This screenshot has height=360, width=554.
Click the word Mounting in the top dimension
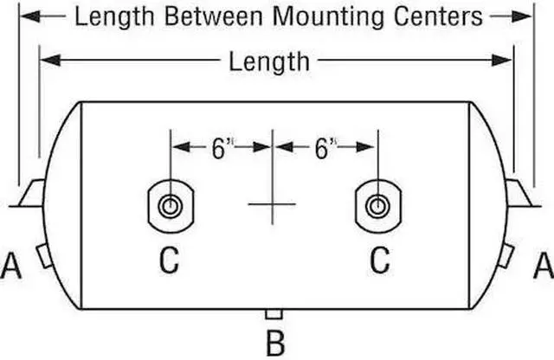(x=329, y=17)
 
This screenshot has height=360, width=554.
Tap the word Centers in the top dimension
(x=438, y=16)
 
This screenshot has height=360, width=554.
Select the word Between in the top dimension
(x=214, y=16)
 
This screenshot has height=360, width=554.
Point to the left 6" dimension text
(x=222, y=148)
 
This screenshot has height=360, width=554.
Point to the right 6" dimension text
(x=325, y=148)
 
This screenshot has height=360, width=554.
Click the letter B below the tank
(x=275, y=343)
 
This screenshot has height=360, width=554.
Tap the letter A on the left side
(x=11, y=266)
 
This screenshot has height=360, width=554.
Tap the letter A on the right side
(x=544, y=266)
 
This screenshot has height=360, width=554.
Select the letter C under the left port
(x=170, y=260)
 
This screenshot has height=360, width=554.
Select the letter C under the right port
(x=380, y=260)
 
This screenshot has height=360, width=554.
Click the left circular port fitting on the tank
(x=171, y=206)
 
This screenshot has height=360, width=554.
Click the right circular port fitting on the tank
(x=378, y=206)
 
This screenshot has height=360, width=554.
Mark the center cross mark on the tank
(x=272, y=204)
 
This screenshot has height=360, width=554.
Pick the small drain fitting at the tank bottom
(x=274, y=314)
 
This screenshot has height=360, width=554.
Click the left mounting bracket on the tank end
(x=31, y=193)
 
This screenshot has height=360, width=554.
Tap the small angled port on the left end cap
(x=44, y=255)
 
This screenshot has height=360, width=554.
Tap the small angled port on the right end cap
(x=506, y=255)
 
